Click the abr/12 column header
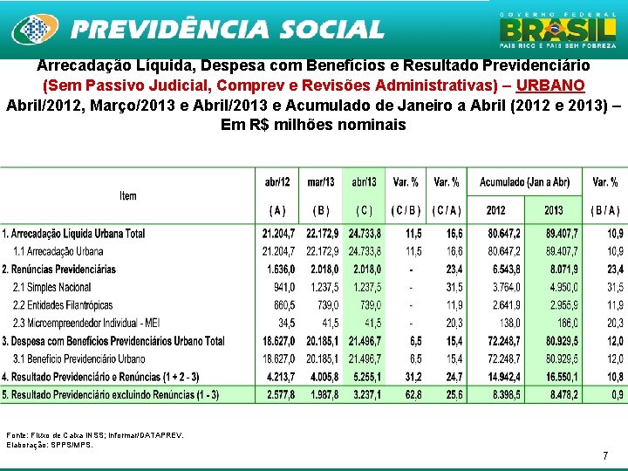coord(278,182)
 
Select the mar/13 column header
coord(321,182)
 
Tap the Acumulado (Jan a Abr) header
coord(524,182)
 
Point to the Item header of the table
coord(128,195)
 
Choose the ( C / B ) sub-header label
coord(406,210)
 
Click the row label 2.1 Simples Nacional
coord(52,287)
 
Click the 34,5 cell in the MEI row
coord(286,323)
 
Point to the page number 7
coord(604,456)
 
